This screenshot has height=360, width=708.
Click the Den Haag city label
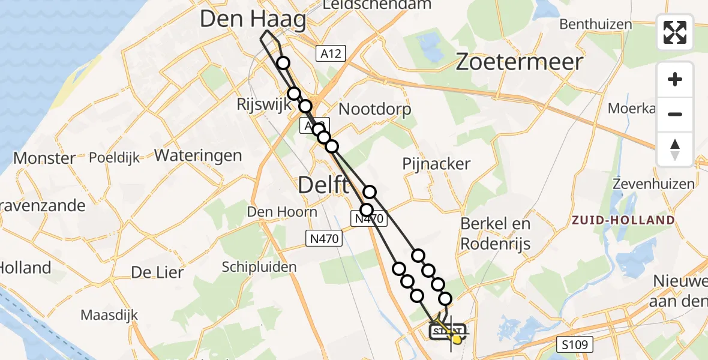point(253,19)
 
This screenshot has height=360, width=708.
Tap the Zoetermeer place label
point(520,62)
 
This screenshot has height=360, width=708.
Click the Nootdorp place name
point(375,109)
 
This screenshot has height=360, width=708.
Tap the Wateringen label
point(198,155)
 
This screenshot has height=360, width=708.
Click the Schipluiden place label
point(259,266)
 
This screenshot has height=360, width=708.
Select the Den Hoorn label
point(282,212)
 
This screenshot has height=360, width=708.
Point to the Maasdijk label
point(109,315)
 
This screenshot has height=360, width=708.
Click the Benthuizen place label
point(596,25)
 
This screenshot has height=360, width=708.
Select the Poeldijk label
point(114,158)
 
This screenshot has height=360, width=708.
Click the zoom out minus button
point(675,114)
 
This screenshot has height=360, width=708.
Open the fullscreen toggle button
point(675,32)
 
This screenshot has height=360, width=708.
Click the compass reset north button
point(675,149)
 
